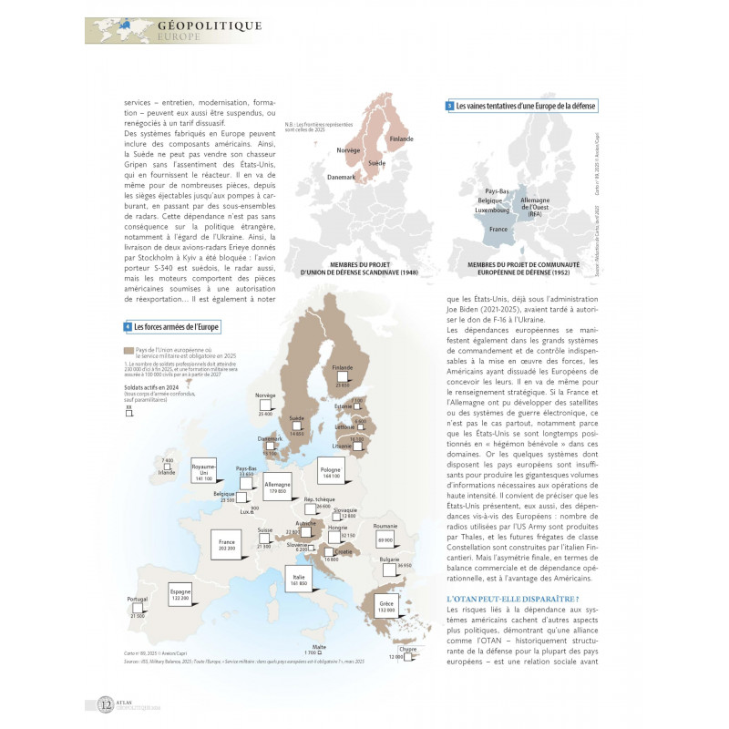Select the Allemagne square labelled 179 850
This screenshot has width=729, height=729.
pyautogui.click(x=278, y=487)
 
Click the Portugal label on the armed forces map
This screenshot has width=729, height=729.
pyautogui.click(x=138, y=600)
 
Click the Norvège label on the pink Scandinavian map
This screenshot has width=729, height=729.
pyautogui.click(x=348, y=149)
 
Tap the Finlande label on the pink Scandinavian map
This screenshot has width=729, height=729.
pyautogui.click(x=401, y=139)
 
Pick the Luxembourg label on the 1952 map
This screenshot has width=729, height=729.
pyautogui.click(x=492, y=210)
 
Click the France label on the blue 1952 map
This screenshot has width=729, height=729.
pyautogui.click(x=498, y=230)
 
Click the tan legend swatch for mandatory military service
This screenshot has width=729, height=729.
pyautogui.click(x=128, y=349)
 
